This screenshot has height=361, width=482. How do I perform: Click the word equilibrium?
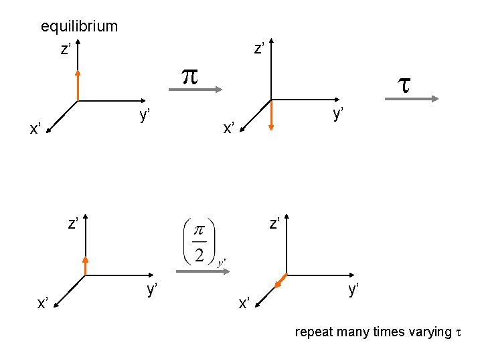79,27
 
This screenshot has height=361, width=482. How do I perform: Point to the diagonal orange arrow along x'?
281,281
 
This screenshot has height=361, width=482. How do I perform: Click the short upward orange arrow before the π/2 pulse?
85,265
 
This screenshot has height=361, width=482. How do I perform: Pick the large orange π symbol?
191,76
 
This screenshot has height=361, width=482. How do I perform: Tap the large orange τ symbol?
404,84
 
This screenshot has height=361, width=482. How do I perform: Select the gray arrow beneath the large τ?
412,99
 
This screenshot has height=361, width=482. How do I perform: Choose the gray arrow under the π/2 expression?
204,271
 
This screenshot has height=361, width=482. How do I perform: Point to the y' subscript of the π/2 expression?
222,261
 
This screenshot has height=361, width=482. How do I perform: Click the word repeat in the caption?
313,332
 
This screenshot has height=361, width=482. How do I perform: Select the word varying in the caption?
427,332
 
